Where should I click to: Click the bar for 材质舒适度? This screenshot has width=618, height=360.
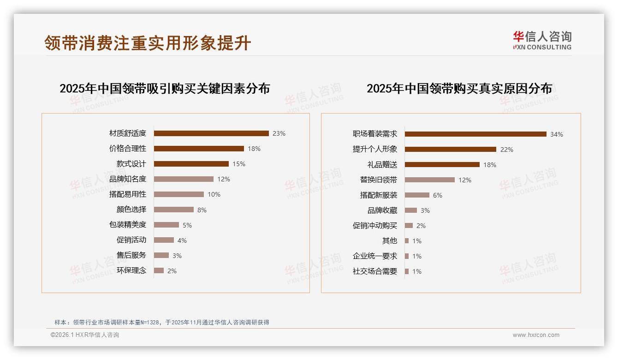point(211,133)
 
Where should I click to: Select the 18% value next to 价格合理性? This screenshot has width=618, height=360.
point(254,149)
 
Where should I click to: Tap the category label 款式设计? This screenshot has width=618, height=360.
point(131,164)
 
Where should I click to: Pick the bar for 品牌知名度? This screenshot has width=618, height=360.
point(184,179)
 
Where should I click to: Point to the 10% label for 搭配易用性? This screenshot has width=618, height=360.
point(214,194)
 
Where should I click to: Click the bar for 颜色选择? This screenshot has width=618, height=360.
point(174,210)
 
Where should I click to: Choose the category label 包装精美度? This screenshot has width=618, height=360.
point(127,225)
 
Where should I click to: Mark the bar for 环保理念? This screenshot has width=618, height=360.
point(159,270)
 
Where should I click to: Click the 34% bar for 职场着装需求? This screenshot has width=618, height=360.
point(475,134)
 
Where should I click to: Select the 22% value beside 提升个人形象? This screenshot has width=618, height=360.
point(507,150)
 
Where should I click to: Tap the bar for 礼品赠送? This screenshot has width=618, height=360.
point(442,165)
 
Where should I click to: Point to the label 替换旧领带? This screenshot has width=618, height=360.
point(378,180)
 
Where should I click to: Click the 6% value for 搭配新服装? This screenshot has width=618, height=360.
point(437,195)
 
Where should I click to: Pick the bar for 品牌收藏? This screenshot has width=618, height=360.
point(411,210)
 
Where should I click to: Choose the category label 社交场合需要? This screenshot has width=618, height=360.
point(374,271)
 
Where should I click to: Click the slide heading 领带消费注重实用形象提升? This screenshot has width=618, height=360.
point(148,42)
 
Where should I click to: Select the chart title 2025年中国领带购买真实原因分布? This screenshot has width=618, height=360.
point(459,89)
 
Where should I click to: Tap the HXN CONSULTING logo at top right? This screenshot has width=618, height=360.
point(542,41)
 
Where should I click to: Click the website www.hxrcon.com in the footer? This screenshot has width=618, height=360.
point(536,335)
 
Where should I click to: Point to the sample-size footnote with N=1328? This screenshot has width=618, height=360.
point(161,322)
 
